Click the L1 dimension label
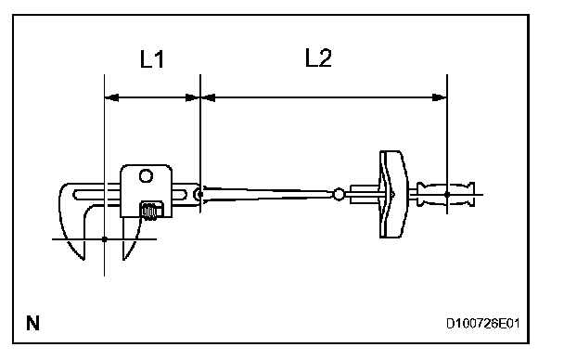152,59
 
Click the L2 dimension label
318,58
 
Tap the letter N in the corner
32,323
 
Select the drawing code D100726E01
482,324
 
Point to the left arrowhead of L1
111,97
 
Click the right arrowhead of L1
192,97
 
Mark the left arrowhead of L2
208,97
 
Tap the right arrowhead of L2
440,97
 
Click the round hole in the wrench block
146,176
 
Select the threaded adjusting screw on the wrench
151,212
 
